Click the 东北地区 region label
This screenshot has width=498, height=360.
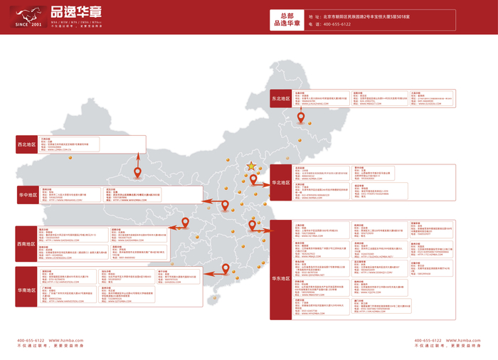[281, 98]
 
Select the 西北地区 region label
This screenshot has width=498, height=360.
[27, 144]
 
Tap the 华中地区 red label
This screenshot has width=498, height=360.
[29, 194]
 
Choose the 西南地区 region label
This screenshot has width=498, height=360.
[27, 243]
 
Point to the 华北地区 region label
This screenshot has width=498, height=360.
[281, 182]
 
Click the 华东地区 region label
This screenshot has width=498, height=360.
[281, 279]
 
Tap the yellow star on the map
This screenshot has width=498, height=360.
[251, 166]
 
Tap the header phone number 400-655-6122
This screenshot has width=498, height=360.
[337, 24]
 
